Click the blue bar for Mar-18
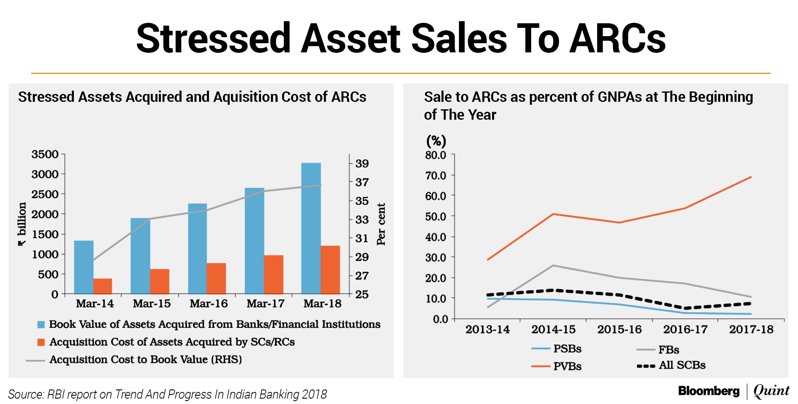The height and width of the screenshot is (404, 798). click(311, 228)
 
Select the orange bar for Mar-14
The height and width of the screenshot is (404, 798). click(103, 286)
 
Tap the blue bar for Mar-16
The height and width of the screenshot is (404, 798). click(197, 249)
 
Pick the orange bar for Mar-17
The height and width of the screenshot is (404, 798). click(273, 274)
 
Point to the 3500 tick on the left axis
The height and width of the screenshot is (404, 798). click(45, 154)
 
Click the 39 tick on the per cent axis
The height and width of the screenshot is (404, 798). click(362, 163)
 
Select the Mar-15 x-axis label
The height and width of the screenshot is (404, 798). click(152, 303)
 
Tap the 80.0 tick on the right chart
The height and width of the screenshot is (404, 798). click(435, 155)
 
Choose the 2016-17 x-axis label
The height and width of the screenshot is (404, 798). click(685, 329)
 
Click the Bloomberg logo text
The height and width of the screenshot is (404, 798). click(709, 391)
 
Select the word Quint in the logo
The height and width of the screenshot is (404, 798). click(771, 391)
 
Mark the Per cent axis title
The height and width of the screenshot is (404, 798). click(381, 224)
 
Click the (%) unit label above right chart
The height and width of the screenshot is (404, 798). click(436, 141)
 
